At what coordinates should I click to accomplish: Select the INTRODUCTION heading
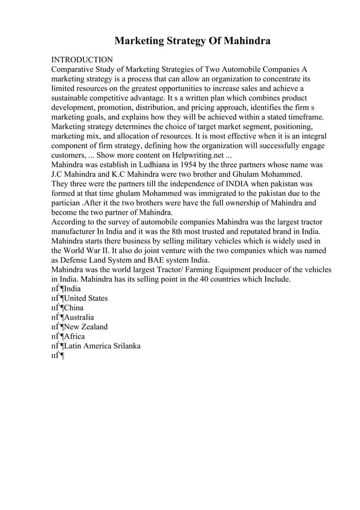[x=82, y=59]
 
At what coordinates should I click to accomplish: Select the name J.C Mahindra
[x=80, y=175]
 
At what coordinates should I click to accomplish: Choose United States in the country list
[x=86, y=299]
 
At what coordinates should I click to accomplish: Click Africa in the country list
[x=74, y=337]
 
